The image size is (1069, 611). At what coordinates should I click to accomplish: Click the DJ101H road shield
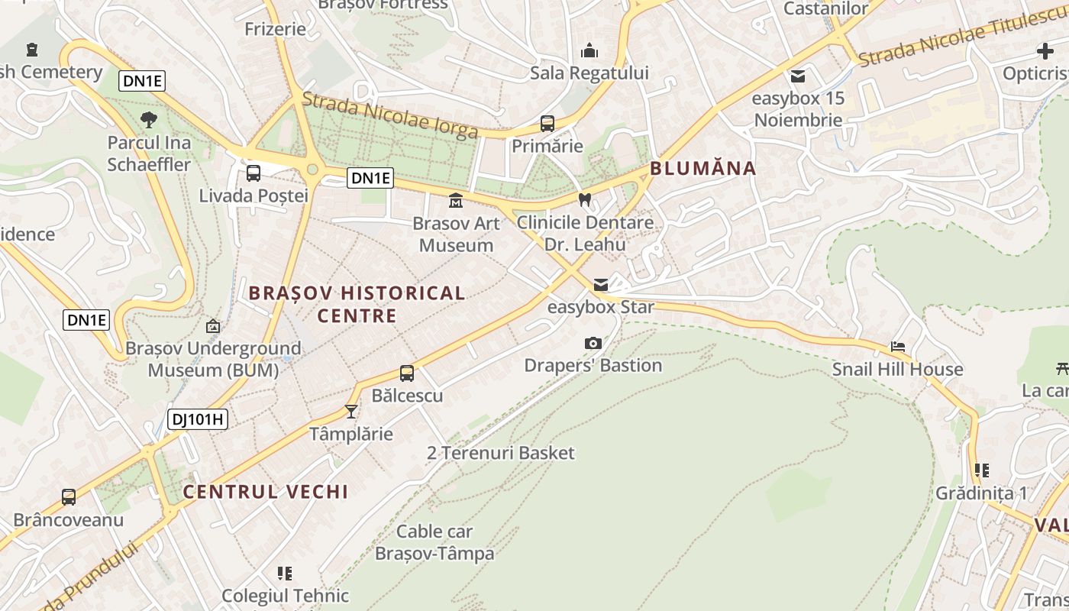pyautogui.click(x=198, y=419)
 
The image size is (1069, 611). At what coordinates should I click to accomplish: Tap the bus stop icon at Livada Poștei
pyautogui.click(x=254, y=173)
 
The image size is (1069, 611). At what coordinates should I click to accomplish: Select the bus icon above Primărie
pyautogui.click(x=547, y=123)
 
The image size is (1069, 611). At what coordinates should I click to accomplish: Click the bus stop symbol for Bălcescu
pyautogui.click(x=407, y=373)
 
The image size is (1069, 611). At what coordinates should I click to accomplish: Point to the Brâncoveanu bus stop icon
pyautogui.click(x=69, y=497)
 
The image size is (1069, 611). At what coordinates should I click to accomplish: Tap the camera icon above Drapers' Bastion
pyautogui.click(x=593, y=344)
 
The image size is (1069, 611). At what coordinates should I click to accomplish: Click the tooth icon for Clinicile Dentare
pyautogui.click(x=585, y=200)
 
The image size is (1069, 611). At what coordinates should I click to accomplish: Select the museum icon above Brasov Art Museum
pyautogui.click(x=456, y=201)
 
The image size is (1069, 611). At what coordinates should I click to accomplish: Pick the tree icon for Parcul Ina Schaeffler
pyautogui.click(x=149, y=119)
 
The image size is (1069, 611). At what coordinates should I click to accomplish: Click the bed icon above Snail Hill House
pyautogui.click(x=898, y=347)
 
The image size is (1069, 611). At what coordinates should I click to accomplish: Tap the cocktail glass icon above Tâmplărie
pyautogui.click(x=351, y=412)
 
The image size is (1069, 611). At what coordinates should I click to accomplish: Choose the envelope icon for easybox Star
pyautogui.click(x=601, y=285)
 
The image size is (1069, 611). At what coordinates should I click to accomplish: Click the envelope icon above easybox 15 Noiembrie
pyautogui.click(x=798, y=76)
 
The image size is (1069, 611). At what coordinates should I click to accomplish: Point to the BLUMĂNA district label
pyautogui.click(x=702, y=169)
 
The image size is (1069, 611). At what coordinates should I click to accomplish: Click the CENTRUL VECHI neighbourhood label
pyautogui.click(x=266, y=492)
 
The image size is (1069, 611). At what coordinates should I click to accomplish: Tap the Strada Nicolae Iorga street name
pyautogui.click(x=389, y=115)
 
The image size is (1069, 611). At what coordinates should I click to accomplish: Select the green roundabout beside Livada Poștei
pyautogui.click(x=312, y=170)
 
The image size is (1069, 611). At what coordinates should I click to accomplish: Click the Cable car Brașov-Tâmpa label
pyautogui.click(x=434, y=542)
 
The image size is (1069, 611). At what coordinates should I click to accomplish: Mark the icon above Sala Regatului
pyautogui.click(x=589, y=51)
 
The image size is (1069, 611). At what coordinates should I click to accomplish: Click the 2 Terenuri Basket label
pyautogui.click(x=501, y=453)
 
